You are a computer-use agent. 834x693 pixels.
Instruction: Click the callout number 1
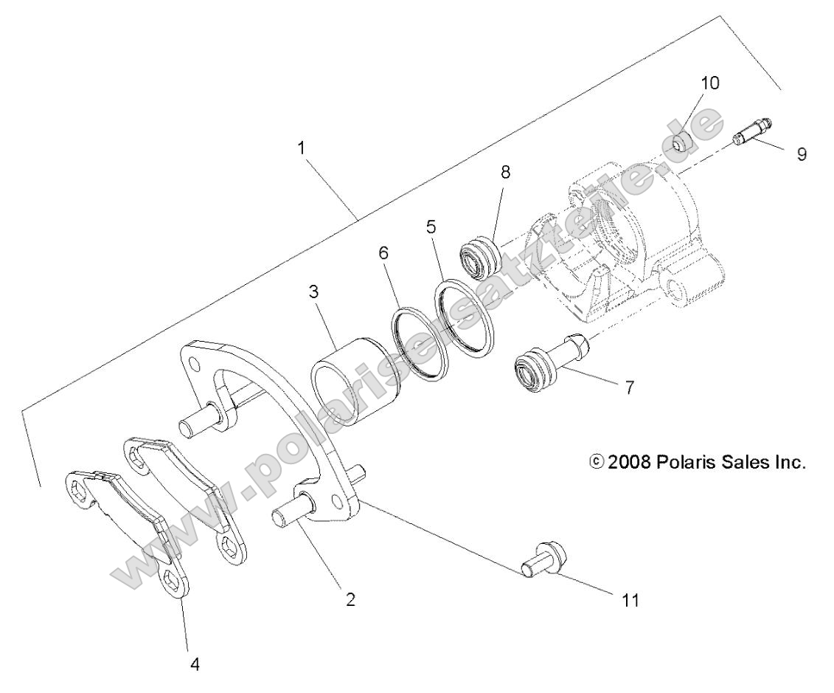coord(301,148)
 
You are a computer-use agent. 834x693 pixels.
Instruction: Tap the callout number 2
coord(351,599)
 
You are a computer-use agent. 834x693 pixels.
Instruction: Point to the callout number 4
coord(195,663)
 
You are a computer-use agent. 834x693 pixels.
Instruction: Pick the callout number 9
coord(801,154)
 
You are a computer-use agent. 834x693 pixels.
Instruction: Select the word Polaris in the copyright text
coord(678,463)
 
